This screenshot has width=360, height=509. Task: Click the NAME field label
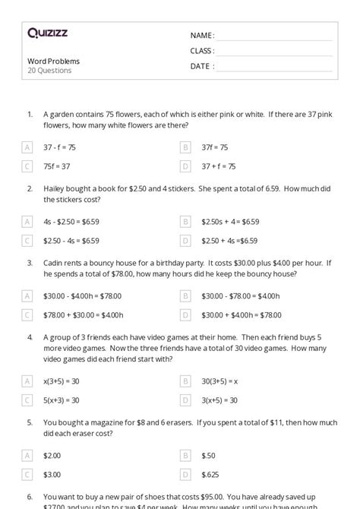pos(202,36)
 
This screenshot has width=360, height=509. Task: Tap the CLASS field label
pos(202,51)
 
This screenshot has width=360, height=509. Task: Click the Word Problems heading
pos(53,61)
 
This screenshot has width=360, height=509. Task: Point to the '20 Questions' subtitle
pos(49,71)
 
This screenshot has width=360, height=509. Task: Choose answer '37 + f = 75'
pos(219,166)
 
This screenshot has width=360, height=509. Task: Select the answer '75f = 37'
pos(57,166)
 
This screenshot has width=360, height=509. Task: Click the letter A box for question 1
pos(27,147)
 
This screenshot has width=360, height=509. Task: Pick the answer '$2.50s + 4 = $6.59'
pos(230,222)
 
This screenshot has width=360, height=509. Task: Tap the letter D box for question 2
pos(185,241)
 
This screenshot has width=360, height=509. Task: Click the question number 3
pos(29,262)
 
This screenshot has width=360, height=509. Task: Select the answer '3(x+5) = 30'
pos(219,400)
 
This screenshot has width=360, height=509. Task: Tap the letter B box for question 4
pos(185,381)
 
